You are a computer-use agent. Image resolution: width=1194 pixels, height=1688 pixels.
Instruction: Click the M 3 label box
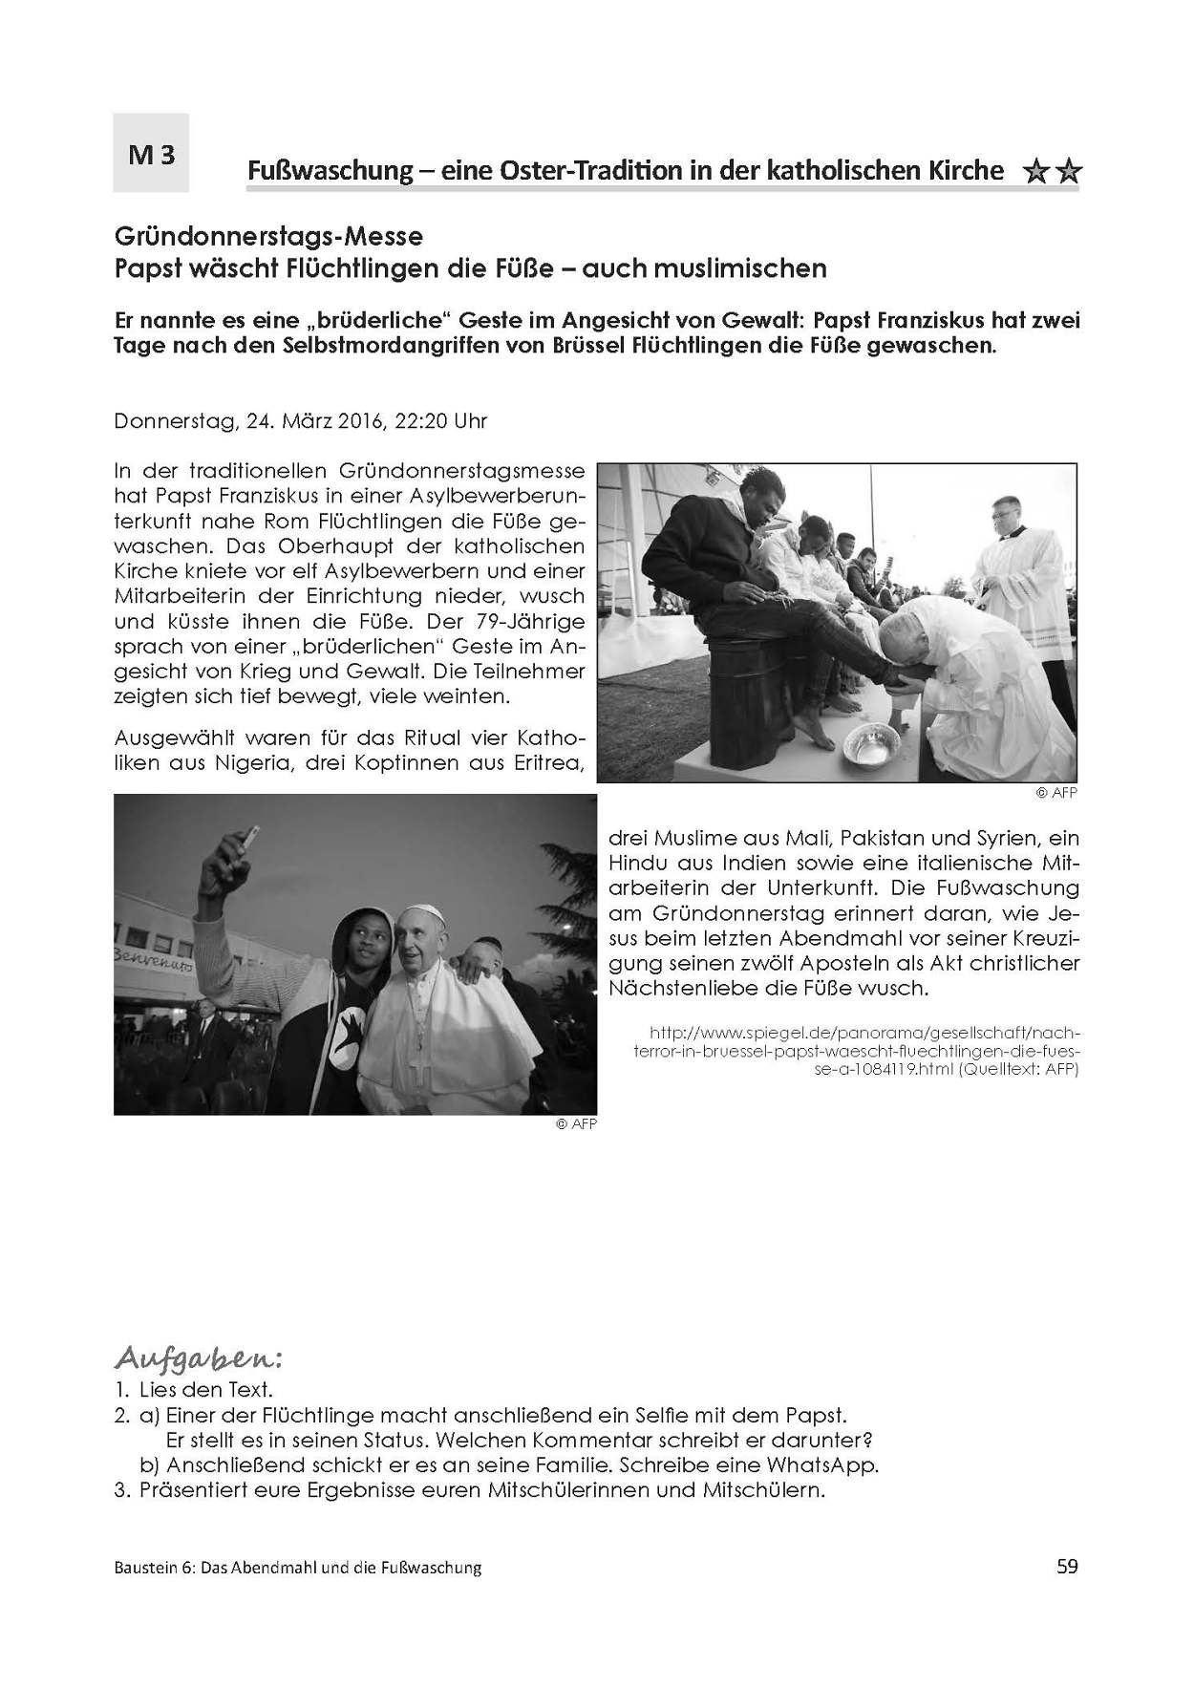pos(151,153)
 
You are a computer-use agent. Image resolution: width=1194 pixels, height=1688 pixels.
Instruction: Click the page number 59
pos(1067,1566)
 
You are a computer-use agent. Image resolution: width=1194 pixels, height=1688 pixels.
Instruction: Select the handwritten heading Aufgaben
pos(199,1358)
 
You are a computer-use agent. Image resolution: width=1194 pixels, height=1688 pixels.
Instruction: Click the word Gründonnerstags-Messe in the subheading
pos(268,234)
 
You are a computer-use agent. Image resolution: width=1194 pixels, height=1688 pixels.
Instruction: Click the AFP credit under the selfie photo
pos(576,1124)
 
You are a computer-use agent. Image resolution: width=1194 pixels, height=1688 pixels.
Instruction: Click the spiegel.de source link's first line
pos(864,1034)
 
